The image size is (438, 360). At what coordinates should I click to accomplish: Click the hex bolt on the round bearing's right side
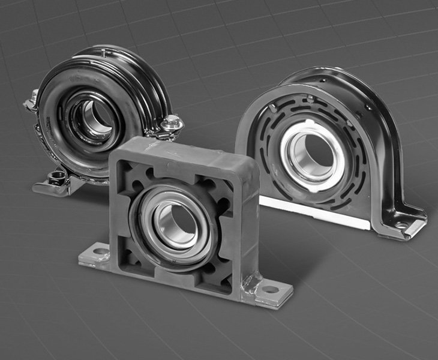pos(172,124)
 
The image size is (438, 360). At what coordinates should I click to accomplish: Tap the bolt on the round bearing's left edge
pos(31,101)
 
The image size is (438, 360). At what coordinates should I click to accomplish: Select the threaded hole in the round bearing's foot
pos(58,177)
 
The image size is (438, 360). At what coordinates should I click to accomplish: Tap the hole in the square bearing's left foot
pos(100,251)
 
